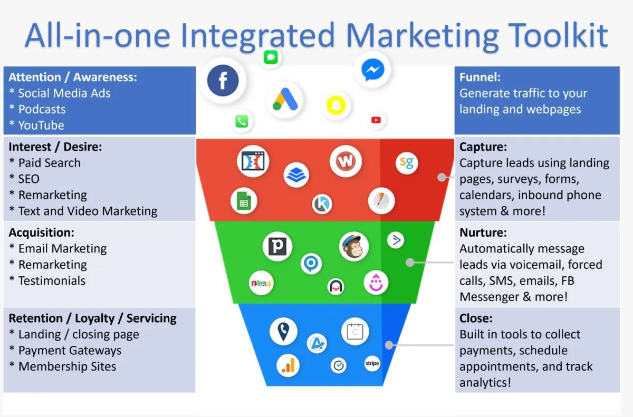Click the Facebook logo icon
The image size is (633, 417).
click(223, 81)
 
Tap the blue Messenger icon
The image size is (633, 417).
click(373, 70)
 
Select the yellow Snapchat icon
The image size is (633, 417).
click(336, 105)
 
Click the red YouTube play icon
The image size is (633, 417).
click(376, 120)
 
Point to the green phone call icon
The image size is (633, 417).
click(242, 121)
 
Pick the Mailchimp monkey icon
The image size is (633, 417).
click(354, 247)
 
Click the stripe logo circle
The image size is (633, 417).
click(372, 363)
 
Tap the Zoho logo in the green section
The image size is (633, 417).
click(261, 283)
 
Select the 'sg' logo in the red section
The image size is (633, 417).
click(407, 163)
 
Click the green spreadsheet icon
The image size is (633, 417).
click(244, 201)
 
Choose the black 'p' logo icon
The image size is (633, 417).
click(277, 247)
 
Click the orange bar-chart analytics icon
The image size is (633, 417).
click(288, 366)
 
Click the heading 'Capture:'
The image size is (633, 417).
click(483, 147)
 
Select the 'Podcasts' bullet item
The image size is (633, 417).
click(37, 109)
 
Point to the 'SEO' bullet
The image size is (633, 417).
click(24, 179)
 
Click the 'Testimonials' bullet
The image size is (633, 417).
click(47, 280)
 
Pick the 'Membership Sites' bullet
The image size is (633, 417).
click(62, 366)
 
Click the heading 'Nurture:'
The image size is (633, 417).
click(483, 232)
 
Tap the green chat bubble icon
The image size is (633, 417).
click(271, 57)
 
